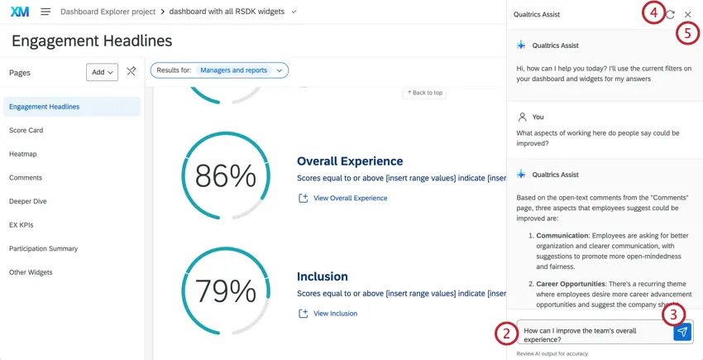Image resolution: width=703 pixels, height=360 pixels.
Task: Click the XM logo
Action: [19, 12]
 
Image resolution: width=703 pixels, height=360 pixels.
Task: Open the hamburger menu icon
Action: [45, 12]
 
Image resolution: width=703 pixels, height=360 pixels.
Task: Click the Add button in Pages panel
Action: [102, 72]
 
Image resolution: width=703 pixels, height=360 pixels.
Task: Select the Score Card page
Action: [26, 130]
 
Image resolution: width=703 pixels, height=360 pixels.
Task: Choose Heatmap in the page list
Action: [23, 154]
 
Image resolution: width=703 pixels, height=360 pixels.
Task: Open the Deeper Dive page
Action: [27, 201]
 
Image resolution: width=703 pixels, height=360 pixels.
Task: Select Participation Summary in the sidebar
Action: [43, 248]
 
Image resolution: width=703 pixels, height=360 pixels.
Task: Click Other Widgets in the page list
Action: [31, 272]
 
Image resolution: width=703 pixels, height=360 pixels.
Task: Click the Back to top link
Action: [424, 93]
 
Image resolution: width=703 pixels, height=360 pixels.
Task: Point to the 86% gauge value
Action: [225, 176]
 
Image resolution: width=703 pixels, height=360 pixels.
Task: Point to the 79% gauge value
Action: [225, 291]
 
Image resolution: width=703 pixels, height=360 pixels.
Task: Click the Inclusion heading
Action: [323, 276]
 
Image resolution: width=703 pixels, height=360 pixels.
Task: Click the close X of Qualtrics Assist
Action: [688, 14]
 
